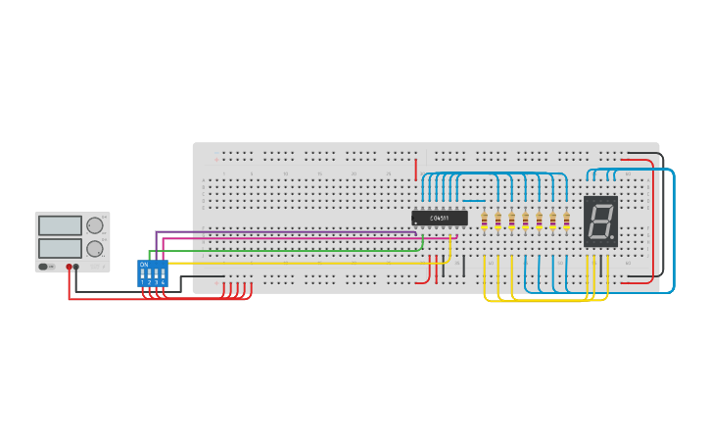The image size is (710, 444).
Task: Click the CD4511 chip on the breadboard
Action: tap(439, 218)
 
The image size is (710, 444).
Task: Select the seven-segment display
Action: tap(600, 221)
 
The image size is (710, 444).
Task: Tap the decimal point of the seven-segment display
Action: tap(613, 237)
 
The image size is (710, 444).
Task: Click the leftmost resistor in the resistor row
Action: tap(484, 220)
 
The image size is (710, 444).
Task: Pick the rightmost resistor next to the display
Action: tap(566, 220)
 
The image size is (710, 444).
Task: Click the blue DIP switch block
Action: tap(153, 272)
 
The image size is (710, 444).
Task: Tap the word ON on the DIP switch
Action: tap(144, 264)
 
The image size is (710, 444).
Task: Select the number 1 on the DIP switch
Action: tap(143, 282)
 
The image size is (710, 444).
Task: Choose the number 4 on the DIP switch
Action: tap(163, 282)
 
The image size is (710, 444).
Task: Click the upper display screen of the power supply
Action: tap(60, 225)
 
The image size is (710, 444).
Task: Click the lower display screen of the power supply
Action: tap(60, 247)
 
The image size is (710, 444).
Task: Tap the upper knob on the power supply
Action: tap(95, 225)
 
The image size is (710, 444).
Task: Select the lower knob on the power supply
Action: tap(95, 248)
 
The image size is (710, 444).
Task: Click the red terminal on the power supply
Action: tap(69, 267)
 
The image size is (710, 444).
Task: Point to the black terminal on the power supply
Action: tap(76, 267)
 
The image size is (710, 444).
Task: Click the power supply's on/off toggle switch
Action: tap(44, 266)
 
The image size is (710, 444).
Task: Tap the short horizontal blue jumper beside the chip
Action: tap(474, 201)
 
